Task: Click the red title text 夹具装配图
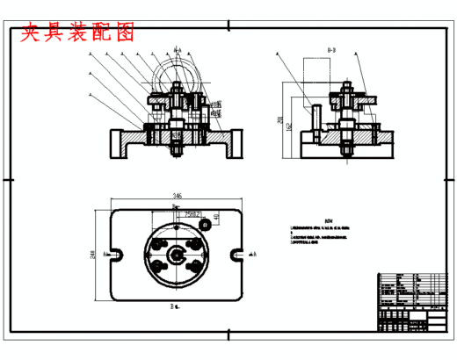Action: point(77,33)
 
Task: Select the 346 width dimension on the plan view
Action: point(177,195)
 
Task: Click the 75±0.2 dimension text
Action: point(193,213)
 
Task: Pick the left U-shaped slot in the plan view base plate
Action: point(119,255)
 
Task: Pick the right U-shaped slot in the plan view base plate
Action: point(236,255)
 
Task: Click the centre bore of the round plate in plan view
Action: point(177,256)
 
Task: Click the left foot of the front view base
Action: point(119,144)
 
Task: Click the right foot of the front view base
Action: point(233,144)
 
